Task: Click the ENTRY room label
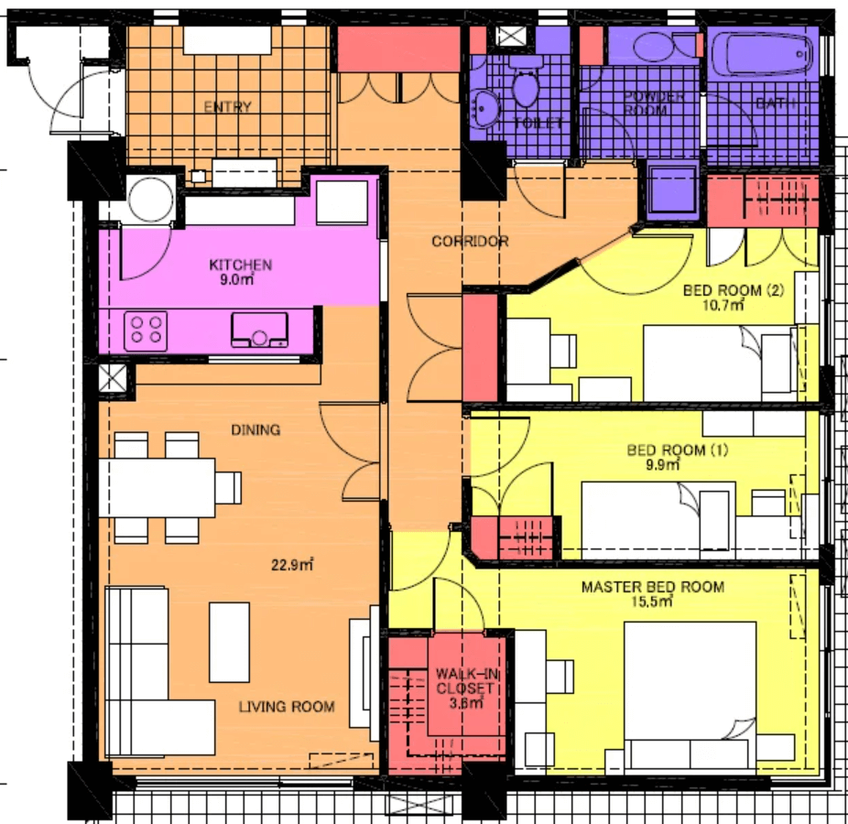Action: [227, 107]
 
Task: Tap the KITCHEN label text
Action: [241, 266]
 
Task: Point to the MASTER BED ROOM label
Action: [652, 587]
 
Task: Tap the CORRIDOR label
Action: [470, 242]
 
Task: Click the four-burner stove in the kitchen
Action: [147, 330]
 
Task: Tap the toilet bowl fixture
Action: [526, 87]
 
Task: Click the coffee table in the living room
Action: [229, 641]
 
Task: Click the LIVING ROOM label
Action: [287, 707]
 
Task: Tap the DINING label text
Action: [255, 429]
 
